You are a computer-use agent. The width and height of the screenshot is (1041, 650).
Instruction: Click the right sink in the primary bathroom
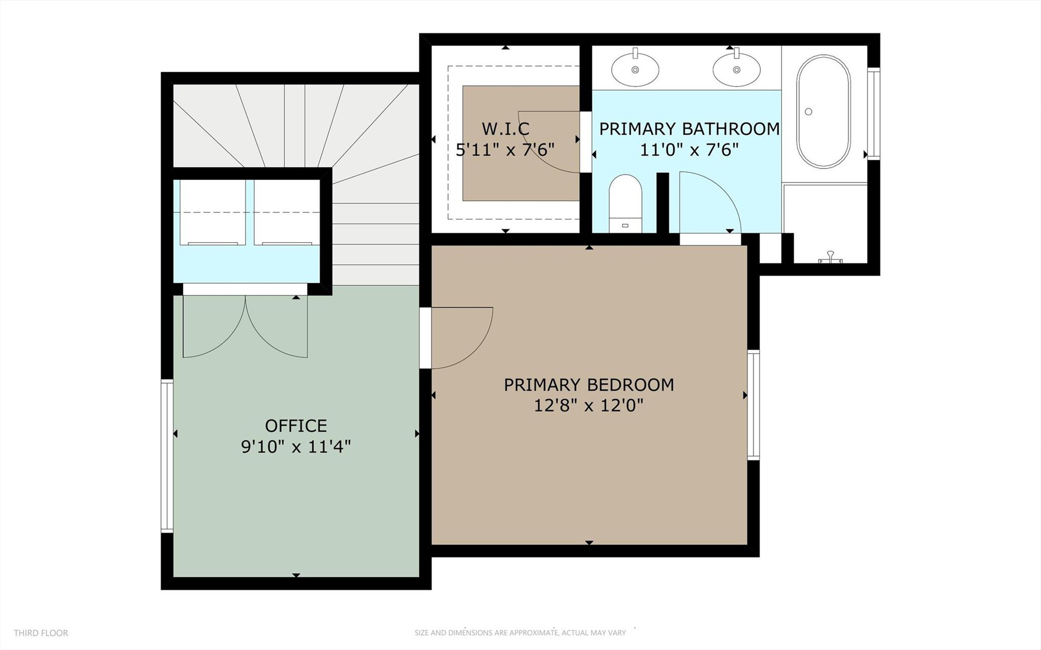[x=736, y=69]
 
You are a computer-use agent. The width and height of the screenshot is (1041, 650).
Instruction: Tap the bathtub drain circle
[x=808, y=111]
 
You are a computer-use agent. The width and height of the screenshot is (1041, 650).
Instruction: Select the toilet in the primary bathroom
[x=625, y=203]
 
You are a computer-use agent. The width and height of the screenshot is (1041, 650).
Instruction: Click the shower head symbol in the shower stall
[x=830, y=257]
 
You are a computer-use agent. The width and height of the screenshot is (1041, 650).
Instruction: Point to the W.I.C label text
[x=505, y=129]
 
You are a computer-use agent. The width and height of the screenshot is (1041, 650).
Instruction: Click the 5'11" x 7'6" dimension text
[x=504, y=150]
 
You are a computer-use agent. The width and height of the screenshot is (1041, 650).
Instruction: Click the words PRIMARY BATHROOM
[x=689, y=129]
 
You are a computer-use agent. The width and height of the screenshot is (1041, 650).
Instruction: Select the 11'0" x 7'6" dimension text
[x=689, y=150]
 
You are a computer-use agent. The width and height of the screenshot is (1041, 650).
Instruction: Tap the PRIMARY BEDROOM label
[x=588, y=385]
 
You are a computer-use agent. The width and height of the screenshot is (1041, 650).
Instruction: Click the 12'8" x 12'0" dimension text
[x=588, y=406]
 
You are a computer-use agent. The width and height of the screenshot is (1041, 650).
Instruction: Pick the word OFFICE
[x=295, y=425]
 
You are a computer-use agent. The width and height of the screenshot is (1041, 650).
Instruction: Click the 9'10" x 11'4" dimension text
[x=295, y=447]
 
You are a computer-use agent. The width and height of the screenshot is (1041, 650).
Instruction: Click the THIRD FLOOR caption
[x=41, y=633]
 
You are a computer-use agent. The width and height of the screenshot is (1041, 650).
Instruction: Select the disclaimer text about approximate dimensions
[x=520, y=633]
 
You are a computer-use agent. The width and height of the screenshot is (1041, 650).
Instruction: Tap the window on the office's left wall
[x=167, y=456]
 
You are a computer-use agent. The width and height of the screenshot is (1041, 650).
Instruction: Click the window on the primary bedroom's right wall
[x=753, y=405]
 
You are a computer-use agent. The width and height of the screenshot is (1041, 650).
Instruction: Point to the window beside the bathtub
[x=873, y=113]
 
